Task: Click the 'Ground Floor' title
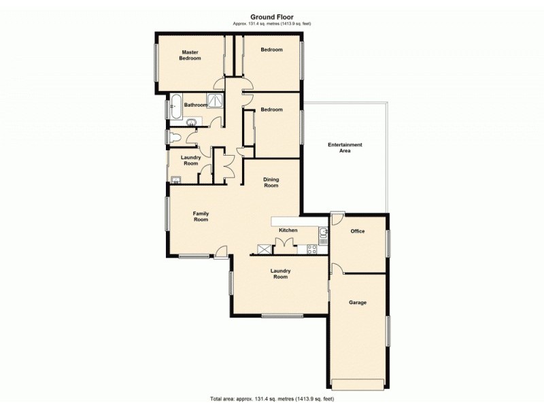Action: click(x=271, y=18)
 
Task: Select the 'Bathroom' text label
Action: click(x=195, y=105)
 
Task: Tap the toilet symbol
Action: click(x=175, y=138)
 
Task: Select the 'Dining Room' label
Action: click(x=271, y=183)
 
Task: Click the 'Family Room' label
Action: click(x=201, y=217)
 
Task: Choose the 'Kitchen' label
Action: click(x=288, y=231)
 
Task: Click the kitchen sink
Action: click(x=323, y=235)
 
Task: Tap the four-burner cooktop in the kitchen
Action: click(x=313, y=249)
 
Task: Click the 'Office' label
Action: click(x=358, y=231)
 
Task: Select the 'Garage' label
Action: click(x=358, y=302)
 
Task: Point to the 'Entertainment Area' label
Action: click(x=345, y=148)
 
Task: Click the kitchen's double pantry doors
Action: click(x=285, y=246)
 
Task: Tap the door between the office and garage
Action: click(x=336, y=268)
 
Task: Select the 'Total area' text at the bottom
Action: click(x=271, y=398)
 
